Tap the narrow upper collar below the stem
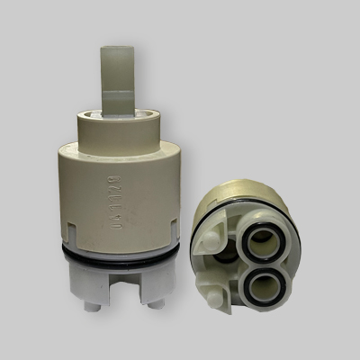click(117, 124)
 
